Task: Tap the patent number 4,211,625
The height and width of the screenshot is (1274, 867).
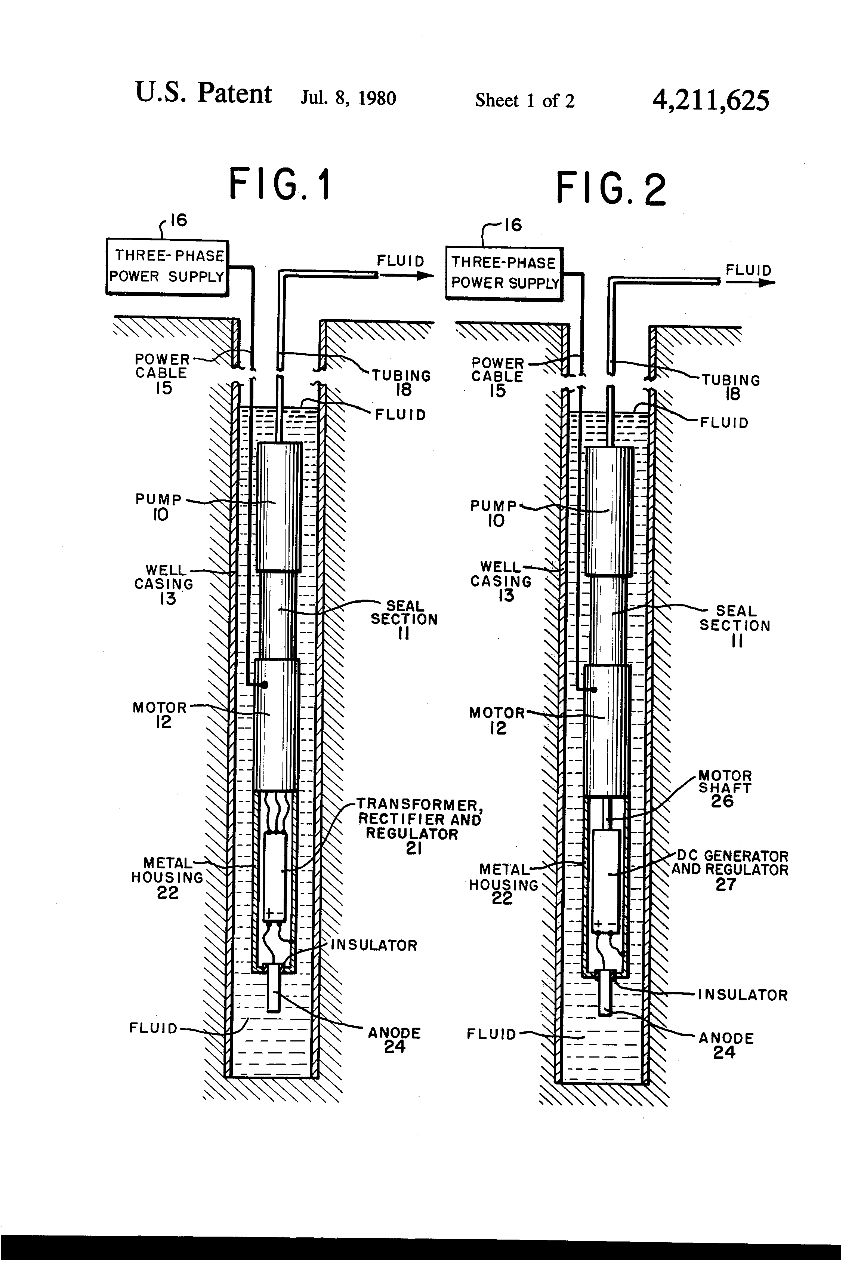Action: tap(710, 100)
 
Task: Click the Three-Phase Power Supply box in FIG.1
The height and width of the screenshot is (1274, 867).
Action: tap(167, 268)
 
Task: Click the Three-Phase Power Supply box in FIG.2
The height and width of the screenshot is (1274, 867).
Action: tap(504, 273)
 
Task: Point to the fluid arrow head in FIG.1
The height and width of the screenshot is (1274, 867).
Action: tap(425, 276)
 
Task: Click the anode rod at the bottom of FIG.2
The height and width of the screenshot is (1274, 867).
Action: tap(605, 993)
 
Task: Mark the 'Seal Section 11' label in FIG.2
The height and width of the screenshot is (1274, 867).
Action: tap(735, 625)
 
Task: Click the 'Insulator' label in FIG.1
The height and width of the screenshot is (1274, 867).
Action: tap(374, 945)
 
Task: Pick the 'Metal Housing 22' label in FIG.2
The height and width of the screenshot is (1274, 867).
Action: tap(503, 884)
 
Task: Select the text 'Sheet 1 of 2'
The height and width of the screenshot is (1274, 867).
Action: tap(524, 100)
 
